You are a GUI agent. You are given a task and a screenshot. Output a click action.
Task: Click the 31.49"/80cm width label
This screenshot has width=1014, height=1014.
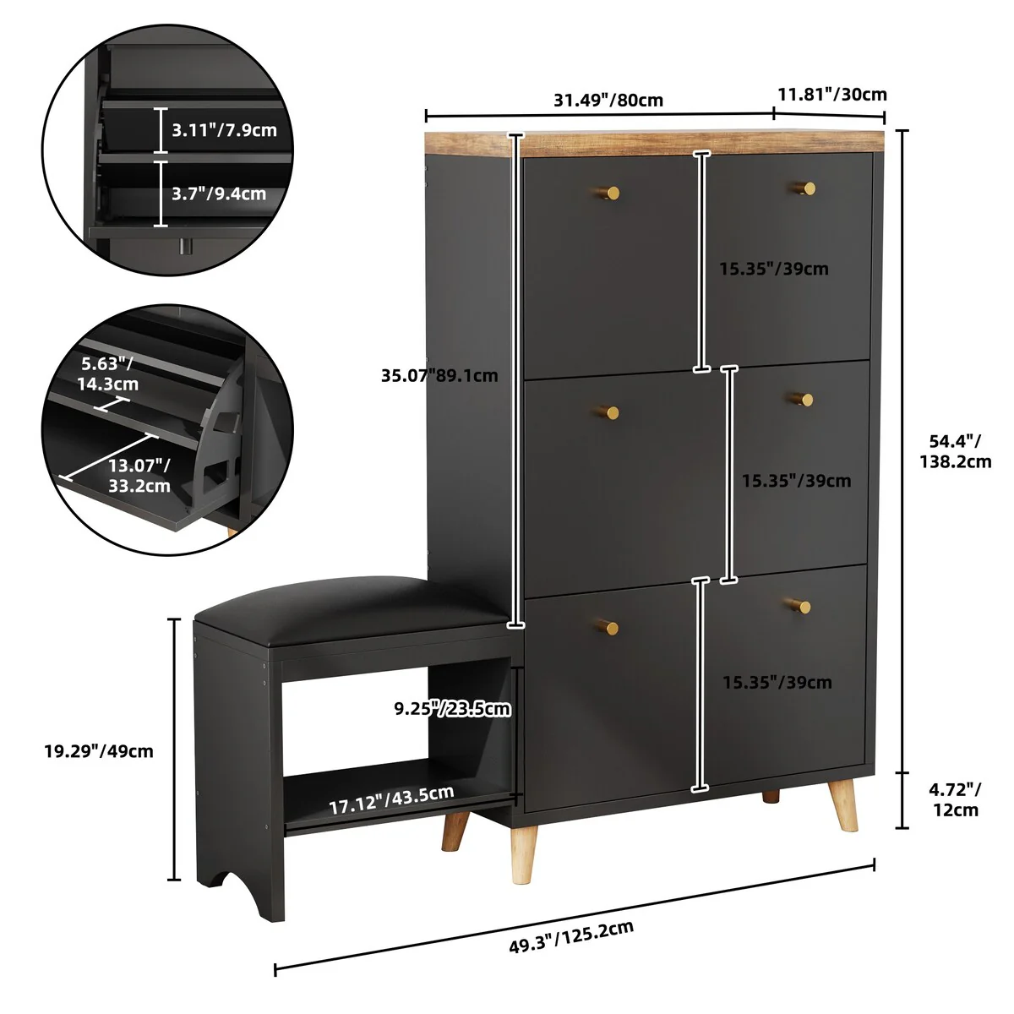[x=608, y=100]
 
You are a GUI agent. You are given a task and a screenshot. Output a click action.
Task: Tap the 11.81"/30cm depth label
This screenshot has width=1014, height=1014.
[x=831, y=94]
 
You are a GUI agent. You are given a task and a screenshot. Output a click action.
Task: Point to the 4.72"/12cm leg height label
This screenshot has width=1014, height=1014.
[x=955, y=799]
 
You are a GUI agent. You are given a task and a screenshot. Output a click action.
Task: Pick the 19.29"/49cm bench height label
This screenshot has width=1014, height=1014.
[x=99, y=750]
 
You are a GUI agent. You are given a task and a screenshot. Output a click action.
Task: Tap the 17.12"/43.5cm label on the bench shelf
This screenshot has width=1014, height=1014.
[x=390, y=799]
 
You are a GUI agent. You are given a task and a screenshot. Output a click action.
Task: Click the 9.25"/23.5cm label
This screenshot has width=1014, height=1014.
[x=453, y=707]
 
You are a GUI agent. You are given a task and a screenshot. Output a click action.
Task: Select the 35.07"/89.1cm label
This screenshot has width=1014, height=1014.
[x=439, y=375]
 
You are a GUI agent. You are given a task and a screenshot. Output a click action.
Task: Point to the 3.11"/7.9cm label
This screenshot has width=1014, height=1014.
[x=224, y=130]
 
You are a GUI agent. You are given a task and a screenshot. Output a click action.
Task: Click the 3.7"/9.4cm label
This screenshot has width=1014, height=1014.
[x=218, y=194]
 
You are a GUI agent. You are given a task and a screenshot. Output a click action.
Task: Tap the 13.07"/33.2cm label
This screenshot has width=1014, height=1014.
[x=139, y=476]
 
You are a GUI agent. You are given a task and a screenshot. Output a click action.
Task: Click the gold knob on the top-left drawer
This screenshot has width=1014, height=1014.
[x=612, y=194]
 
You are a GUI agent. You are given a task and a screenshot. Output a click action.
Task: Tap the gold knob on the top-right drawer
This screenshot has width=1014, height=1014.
[x=808, y=188]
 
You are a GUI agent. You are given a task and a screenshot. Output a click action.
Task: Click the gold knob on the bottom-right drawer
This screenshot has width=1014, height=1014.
[x=803, y=606]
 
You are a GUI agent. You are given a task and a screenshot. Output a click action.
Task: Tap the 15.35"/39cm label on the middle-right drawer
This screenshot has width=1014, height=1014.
[x=796, y=481]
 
